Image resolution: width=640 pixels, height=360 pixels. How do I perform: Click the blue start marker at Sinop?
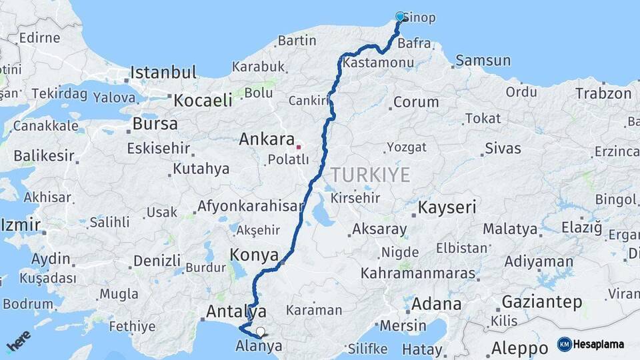click(400, 17)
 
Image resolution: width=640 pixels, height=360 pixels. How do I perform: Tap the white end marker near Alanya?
click(260, 331)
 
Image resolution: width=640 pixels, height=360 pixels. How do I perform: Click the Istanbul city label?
click(163, 72)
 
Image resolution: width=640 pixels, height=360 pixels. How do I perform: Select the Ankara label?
click(267, 140)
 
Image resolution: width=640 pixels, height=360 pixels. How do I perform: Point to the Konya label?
click(254, 255)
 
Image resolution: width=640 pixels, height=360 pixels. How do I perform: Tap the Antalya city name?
click(236, 311)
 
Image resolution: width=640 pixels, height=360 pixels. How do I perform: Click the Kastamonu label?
click(378, 63)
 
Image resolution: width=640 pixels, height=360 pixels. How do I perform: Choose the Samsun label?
click(483, 61)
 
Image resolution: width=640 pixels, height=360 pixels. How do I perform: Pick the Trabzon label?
click(603, 93)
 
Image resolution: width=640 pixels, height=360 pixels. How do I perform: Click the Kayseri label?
click(447, 207)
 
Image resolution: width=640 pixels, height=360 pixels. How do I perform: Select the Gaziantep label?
click(542, 301)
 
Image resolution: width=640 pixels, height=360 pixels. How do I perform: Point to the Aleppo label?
click(519, 348)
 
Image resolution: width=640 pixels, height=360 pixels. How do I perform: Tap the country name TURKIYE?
click(371, 175)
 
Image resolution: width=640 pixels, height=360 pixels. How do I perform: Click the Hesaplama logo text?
click(599, 345)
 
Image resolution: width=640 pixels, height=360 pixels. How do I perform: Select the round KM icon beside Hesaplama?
click(565, 345)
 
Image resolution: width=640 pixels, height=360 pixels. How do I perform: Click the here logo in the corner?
click(18, 341)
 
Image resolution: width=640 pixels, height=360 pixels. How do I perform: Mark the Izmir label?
click(21, 225)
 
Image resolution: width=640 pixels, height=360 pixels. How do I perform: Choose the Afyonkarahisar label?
click(250, 206)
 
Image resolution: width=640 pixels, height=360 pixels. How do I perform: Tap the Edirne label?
click(39, 37)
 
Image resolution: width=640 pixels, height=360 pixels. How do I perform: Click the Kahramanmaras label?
click(418, 273)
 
